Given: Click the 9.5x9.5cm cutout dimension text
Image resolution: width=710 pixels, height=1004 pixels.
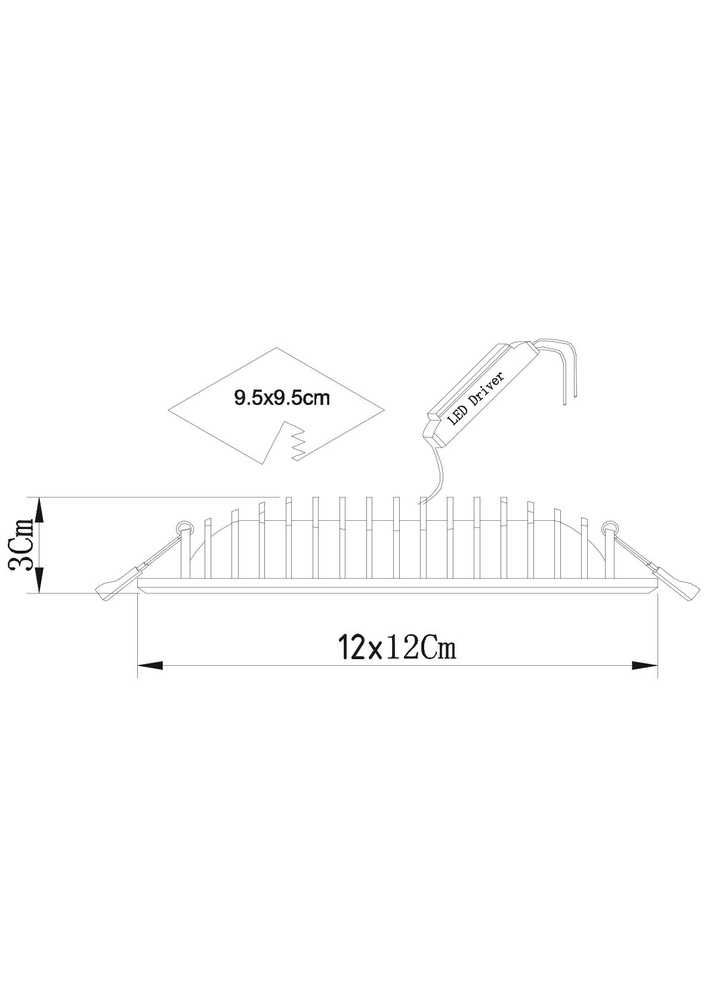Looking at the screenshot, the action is click(x=282, y=398).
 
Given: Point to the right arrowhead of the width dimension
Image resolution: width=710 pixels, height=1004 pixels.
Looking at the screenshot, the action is click(x=644, y=666).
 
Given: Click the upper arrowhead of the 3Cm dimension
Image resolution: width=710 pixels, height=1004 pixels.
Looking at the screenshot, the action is click(x=39, y=511).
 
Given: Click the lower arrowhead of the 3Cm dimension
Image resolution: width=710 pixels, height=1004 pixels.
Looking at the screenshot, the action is click(x=39, y=579).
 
